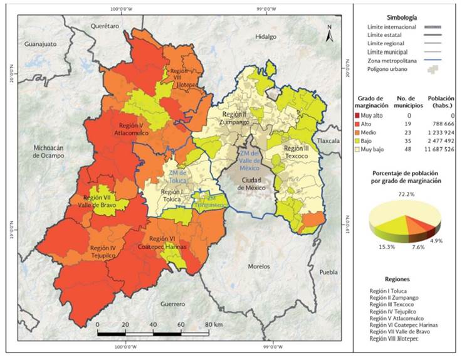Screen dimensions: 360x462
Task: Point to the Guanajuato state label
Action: pos(40,45)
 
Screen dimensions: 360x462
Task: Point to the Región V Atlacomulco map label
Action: pos(130,129)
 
